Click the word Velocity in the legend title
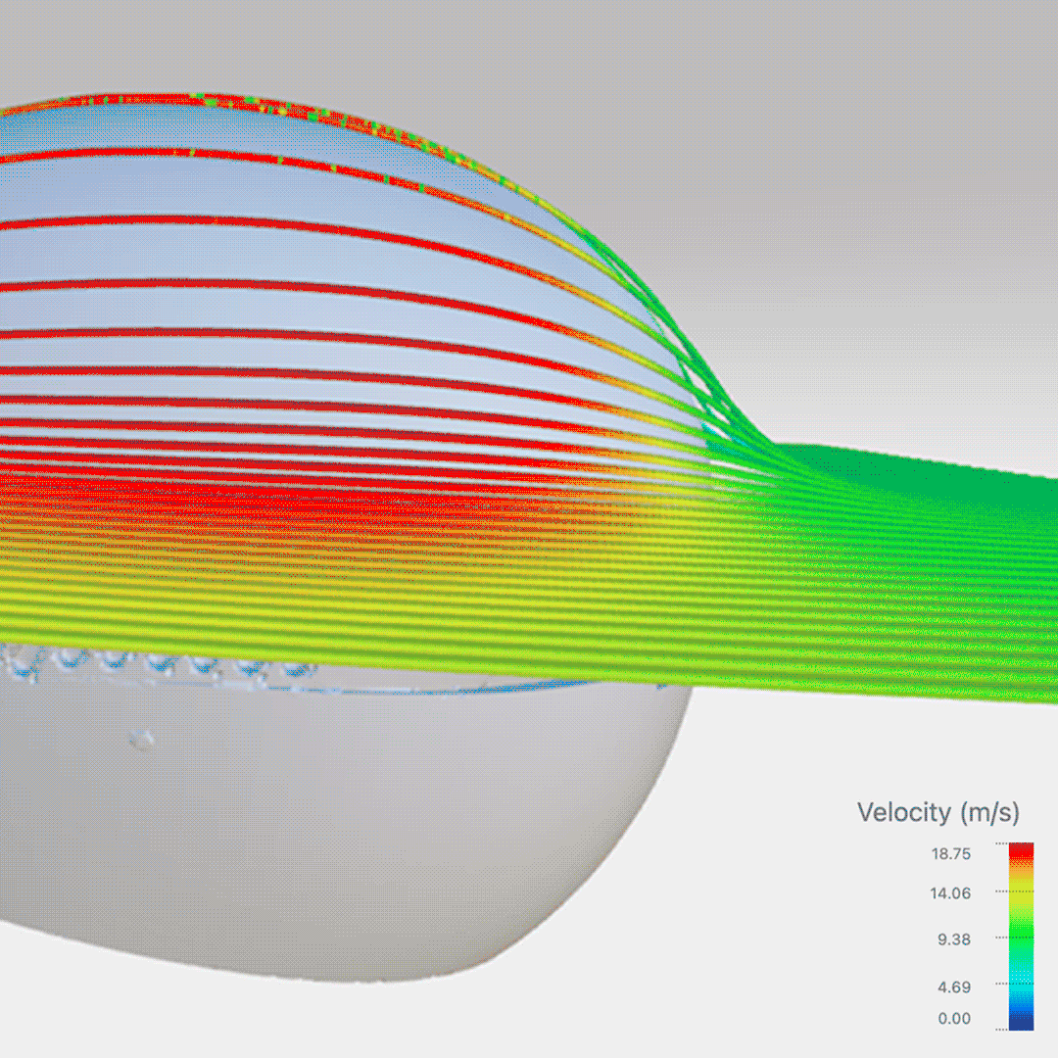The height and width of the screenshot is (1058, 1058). (903, 812)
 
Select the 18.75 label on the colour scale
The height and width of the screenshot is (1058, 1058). (950, 854)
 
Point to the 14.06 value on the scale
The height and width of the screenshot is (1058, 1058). (950, 893)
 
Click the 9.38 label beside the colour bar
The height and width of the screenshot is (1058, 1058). (952, 939)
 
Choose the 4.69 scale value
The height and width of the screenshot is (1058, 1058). (952, 986)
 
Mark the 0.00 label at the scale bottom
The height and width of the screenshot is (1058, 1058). (954, 1019)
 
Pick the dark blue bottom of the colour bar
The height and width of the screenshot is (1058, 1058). (1021, 1023)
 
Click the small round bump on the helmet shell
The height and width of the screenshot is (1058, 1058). (144, 738)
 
